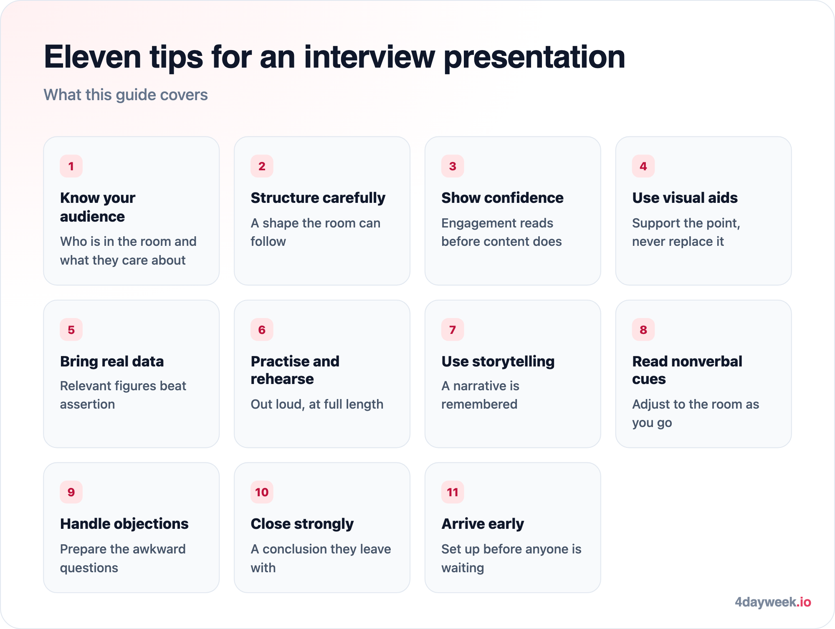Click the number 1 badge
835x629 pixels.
click(x=71, y=166)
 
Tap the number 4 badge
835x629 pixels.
click(x=643, y=166)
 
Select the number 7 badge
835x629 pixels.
click(x=453, y=330)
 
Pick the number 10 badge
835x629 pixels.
click(x=262, y=492)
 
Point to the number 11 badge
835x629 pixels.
click(x=453, y=492)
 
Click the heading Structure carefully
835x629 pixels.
click(x=318, y=198)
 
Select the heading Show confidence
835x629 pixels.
click(x=502, y=198)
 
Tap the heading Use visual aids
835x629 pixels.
click(x=685, y=198)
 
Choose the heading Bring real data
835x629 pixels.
click(x=112, y=361)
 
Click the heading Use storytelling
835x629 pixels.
click(x=498, y=361)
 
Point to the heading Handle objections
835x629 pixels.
click(x=124, y=524)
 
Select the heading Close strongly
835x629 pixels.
click(x=302, y=524)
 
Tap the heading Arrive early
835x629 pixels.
click(x=483, y=524)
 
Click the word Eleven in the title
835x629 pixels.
click(x=93, y=57)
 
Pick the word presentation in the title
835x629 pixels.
click(x=534, y=57)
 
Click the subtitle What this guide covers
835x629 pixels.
click(x=126, y=95)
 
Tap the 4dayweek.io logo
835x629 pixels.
click(x=773, y=602)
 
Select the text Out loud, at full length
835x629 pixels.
click(x=317, y=404)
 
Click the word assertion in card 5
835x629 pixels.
click(x=87, y=404)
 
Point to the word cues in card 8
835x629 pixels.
click(x=649, y=379)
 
